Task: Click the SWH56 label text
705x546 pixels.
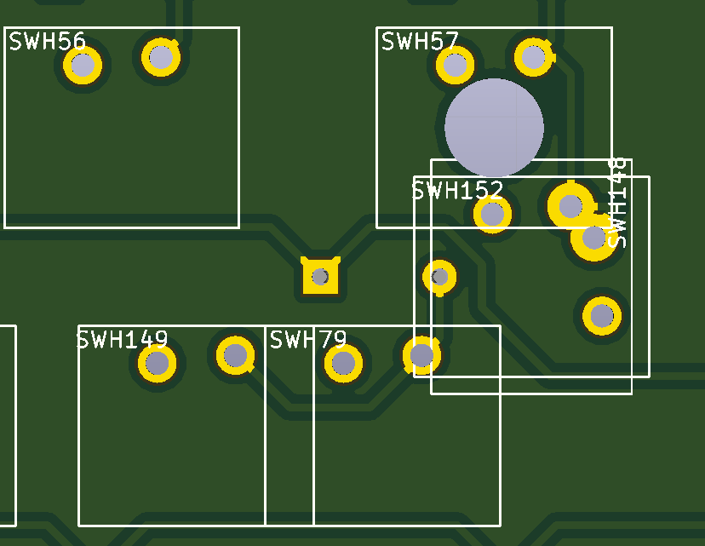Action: tap(48, 41)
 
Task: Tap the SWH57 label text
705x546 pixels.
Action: tap(420, 41)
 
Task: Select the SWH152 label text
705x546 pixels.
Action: tap(457, 190)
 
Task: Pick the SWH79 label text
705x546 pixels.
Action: tap(308, 341)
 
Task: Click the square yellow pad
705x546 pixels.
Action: tap(320, 276)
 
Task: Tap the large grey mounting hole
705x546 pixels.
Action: tap(494, 127)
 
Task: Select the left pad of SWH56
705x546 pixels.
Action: tap(83, 65)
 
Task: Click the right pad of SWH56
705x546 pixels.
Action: tap(161, 57)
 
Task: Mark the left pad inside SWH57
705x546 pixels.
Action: tap(456, 65)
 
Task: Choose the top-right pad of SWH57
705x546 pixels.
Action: tap(534, 57)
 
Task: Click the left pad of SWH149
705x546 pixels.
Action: tap(158, 364)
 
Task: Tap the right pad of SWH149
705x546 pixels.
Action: tap(236, 355)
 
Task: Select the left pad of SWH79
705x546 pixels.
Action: tap(343, 364)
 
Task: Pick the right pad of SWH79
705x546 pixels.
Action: tap(421, 354)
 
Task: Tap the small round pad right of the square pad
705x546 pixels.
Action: tap(439, 276)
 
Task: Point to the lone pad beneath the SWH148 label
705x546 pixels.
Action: tap(602, 316)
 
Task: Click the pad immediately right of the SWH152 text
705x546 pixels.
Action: tap(570, 206)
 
